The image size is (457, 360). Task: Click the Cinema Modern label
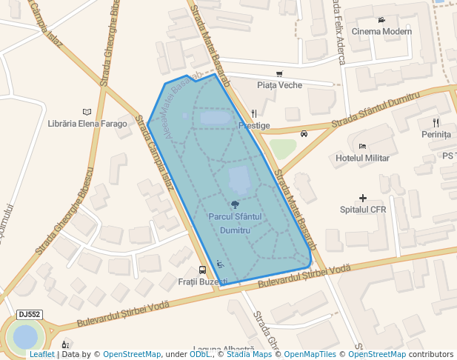[x=381, y=31]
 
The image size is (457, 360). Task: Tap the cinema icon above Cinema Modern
[x=381, y=19]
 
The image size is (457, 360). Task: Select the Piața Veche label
[x=279, y=85]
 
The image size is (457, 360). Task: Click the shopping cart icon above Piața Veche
[x=279, y=73]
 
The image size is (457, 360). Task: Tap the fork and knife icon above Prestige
[x=254, y=114]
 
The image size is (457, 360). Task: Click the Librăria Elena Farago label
[x=87, y=124]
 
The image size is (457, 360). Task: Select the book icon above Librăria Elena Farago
[x=87, y=111]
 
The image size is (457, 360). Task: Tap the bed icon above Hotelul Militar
[x=362, y=146]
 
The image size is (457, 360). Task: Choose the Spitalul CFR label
[x=363, y=210]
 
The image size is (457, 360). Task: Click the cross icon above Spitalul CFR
[x=363, y=198]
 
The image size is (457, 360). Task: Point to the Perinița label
[x=436, y=135]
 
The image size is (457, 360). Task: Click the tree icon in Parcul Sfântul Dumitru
[x=235, y=204]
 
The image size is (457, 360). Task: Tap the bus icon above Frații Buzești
[x=202, y=270]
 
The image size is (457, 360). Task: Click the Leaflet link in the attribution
[x=41, y=355]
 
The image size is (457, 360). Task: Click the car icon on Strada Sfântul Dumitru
[x=304, y=134]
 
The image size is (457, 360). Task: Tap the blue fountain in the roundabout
[x=25, y=338]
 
